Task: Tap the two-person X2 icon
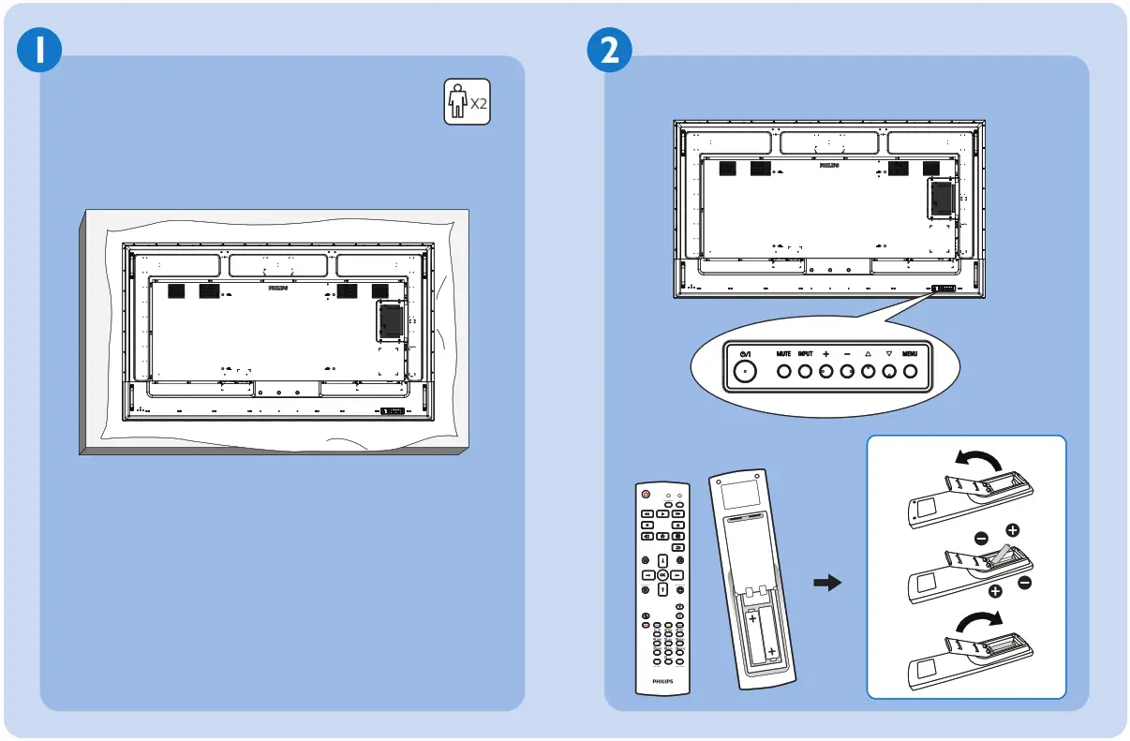point(467,102)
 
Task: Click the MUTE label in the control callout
point(783,354)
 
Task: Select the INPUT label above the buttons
point(806,354)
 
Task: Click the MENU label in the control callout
point(910,354)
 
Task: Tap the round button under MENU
point(910,372)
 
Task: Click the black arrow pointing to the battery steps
point(826,584)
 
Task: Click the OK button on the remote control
point(662,574)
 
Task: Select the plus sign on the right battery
point(771,651)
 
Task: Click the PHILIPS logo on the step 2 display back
point(827,164)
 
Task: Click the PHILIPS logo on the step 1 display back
point(277,289)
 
